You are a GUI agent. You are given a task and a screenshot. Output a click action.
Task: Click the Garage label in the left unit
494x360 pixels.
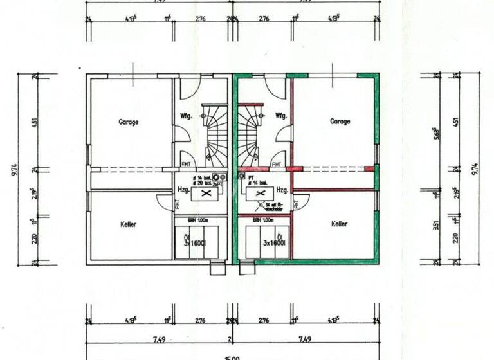(128, 121)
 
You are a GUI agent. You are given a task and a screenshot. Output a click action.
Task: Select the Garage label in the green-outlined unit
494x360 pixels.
(340, 121)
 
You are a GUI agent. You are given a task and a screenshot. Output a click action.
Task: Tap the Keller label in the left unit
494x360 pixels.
(128, 224)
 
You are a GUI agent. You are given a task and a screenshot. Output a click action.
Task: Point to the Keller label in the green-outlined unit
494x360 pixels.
(339, 224)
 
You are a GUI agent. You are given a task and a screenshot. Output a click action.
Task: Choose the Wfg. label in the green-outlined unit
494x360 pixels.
(280, 116)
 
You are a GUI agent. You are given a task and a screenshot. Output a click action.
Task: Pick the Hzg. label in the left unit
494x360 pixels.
(183, 190)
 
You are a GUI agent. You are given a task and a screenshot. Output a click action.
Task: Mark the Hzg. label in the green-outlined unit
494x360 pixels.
(281, 190)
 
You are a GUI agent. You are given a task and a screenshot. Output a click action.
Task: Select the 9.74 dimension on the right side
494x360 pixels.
(475, 168)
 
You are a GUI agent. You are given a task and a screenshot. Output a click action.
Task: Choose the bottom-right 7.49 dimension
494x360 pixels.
(304, 339)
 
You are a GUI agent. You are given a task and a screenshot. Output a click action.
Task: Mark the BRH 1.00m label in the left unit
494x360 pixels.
(197, 219)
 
